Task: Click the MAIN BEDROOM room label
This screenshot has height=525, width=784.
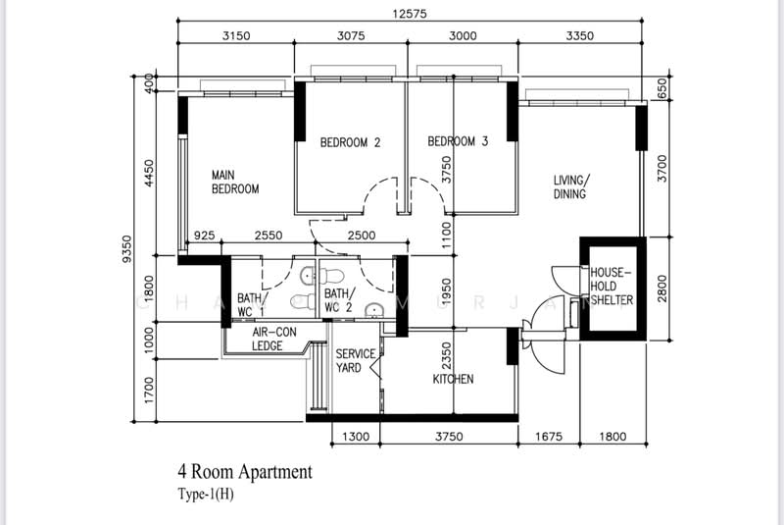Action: pos(235,183)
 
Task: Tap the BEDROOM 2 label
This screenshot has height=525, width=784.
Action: pos(350,143)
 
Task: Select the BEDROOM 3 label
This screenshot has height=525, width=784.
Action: pos(458,142)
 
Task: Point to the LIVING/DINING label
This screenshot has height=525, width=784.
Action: pos(569,187)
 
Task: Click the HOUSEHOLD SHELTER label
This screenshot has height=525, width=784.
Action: pos(612,286)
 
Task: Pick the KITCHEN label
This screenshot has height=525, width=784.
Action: pos(454,379)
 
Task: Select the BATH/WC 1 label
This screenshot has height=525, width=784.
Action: pos(250,304)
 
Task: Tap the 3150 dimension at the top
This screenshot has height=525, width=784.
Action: pos(236,35)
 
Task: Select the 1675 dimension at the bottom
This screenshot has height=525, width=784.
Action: pos(549,438)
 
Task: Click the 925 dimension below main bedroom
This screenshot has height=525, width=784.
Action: pos(205,236)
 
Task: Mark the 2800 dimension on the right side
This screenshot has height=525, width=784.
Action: pos(662,289)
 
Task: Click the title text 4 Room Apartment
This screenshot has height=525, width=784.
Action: pos(245,472)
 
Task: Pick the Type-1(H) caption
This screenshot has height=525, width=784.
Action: pos(206,495)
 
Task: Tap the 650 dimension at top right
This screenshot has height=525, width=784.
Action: pos(662,90)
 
